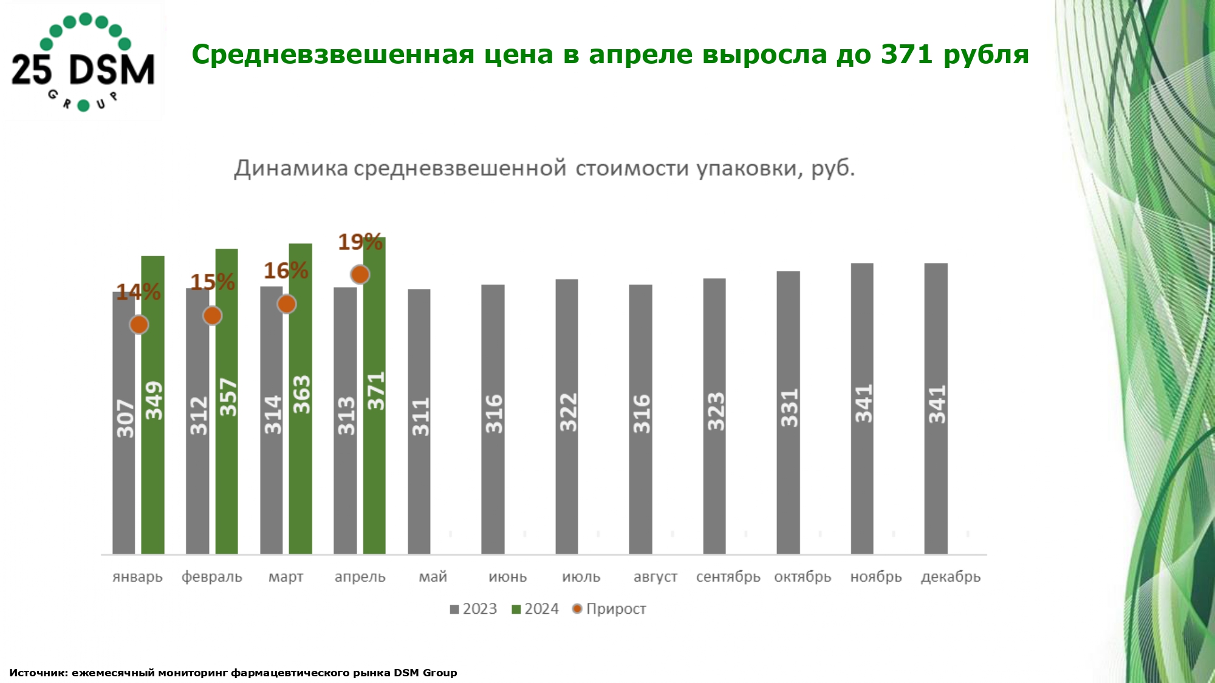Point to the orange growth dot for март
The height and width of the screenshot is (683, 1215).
[x=286, y=304]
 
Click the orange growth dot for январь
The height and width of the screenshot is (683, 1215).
[x=139, y=325]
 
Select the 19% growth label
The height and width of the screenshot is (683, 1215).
[x=360, y=242]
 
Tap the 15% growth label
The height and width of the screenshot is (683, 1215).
[x=212, y=282]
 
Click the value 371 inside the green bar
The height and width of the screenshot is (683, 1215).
[x=376, y=391]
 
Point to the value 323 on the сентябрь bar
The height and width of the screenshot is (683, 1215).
[x=716, y=411]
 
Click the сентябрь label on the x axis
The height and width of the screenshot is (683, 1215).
[x=728, y=577]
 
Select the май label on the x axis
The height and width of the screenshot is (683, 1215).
[x=433, y=577]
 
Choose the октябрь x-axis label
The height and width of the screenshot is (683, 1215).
[x=802, y=577]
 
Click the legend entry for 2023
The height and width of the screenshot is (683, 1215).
[x=474, y=609]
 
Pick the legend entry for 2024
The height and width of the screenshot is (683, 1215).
[x=535, y=609]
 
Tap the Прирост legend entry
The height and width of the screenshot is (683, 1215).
[x=609, y=609]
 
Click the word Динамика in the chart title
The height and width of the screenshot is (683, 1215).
[x=291, y=168]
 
